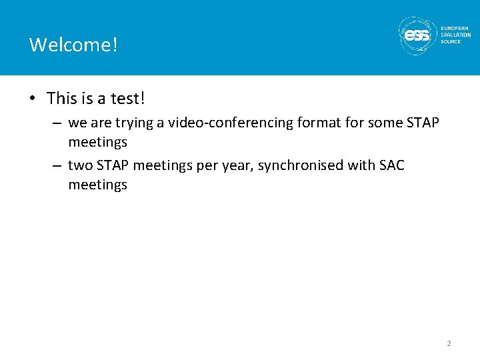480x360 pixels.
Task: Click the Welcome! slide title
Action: (x=74, y=45)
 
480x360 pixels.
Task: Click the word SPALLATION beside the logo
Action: (x=455, y=35)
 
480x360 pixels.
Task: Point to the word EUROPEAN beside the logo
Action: (x=455, y=28)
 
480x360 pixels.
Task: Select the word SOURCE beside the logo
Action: (x=451, y=41)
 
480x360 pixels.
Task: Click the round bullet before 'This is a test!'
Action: (x=32, y=99)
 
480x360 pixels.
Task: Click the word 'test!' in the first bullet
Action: (x=128, y=99)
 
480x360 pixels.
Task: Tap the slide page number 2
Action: (x=449, y=343)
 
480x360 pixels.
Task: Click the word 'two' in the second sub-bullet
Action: (x=80, y=165)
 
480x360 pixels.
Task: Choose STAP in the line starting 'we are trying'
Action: (x=422, y=123)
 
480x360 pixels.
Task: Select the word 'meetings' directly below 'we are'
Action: (x=97, y=142)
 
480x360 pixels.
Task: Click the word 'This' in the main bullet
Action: (x=62, y=99)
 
